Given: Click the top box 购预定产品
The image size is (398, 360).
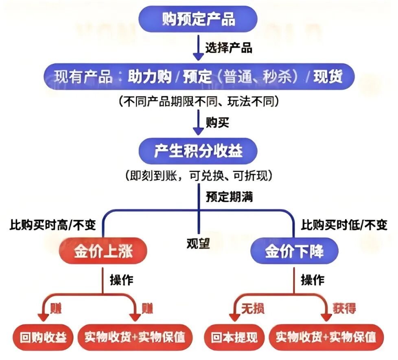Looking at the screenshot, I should click(x=199, y=19).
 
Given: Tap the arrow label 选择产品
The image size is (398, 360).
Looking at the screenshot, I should click(x=228, y=48).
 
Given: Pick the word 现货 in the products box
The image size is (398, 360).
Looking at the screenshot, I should click(x=328, y=77).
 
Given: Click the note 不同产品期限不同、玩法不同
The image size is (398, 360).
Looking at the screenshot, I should click(x=199, y=101).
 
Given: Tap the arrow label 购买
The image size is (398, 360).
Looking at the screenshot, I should click(x=217, y=122).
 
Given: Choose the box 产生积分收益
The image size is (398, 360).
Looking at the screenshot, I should click(x=199, y=151).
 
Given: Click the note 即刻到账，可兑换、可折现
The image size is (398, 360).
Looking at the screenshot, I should click(x=199, y=175).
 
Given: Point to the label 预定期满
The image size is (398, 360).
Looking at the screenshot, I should click(x=230, y=197).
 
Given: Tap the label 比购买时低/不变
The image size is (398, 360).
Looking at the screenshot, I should click(x=344, y=225).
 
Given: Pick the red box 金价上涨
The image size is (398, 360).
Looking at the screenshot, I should click(x=103, y=251).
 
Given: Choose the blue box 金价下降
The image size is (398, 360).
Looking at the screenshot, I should click(x=294, y=251).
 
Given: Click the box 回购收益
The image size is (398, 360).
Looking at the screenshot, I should click(x=44, y=338).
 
